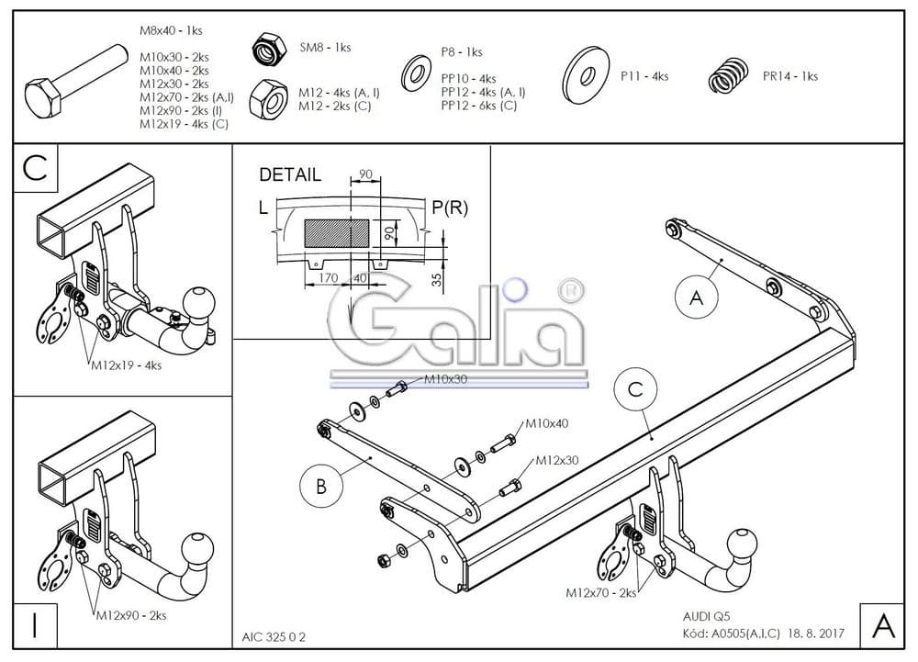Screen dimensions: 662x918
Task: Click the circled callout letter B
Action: pyautogui.click(x=321, y=487)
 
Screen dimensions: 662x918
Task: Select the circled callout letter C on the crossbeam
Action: pyautogui.click(x=635, y=390)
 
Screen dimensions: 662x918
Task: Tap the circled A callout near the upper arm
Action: pyautogui.click(x=696, y=297)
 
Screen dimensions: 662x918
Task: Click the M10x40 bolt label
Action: pyautogui.click(x=547, y=424)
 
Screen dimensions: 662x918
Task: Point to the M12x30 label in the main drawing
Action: pyautogui.click(x=557, y=460)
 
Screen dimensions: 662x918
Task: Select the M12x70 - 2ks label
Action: pyautogui.click(x=601, y=593)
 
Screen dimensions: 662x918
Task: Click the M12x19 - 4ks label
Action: pyautogui.click(x=126, y=365)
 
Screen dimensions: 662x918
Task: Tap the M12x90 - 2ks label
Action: pyautogui.click(x=131, y=614)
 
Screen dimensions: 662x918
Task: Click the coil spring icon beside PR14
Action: pyautogui.click(x=731, y=77)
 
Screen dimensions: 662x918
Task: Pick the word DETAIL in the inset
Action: pyautogui.click(x=290, y=174)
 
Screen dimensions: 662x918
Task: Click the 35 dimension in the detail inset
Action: pyautogui.click(x=438, y=279)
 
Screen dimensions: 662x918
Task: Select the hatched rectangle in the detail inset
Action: pyautogui.click(x=337, y=231)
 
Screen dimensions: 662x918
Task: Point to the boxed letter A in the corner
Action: pyautogui.click(x=882, y=626)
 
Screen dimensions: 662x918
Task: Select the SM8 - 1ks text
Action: pyautogui.click(x=325, y=48)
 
